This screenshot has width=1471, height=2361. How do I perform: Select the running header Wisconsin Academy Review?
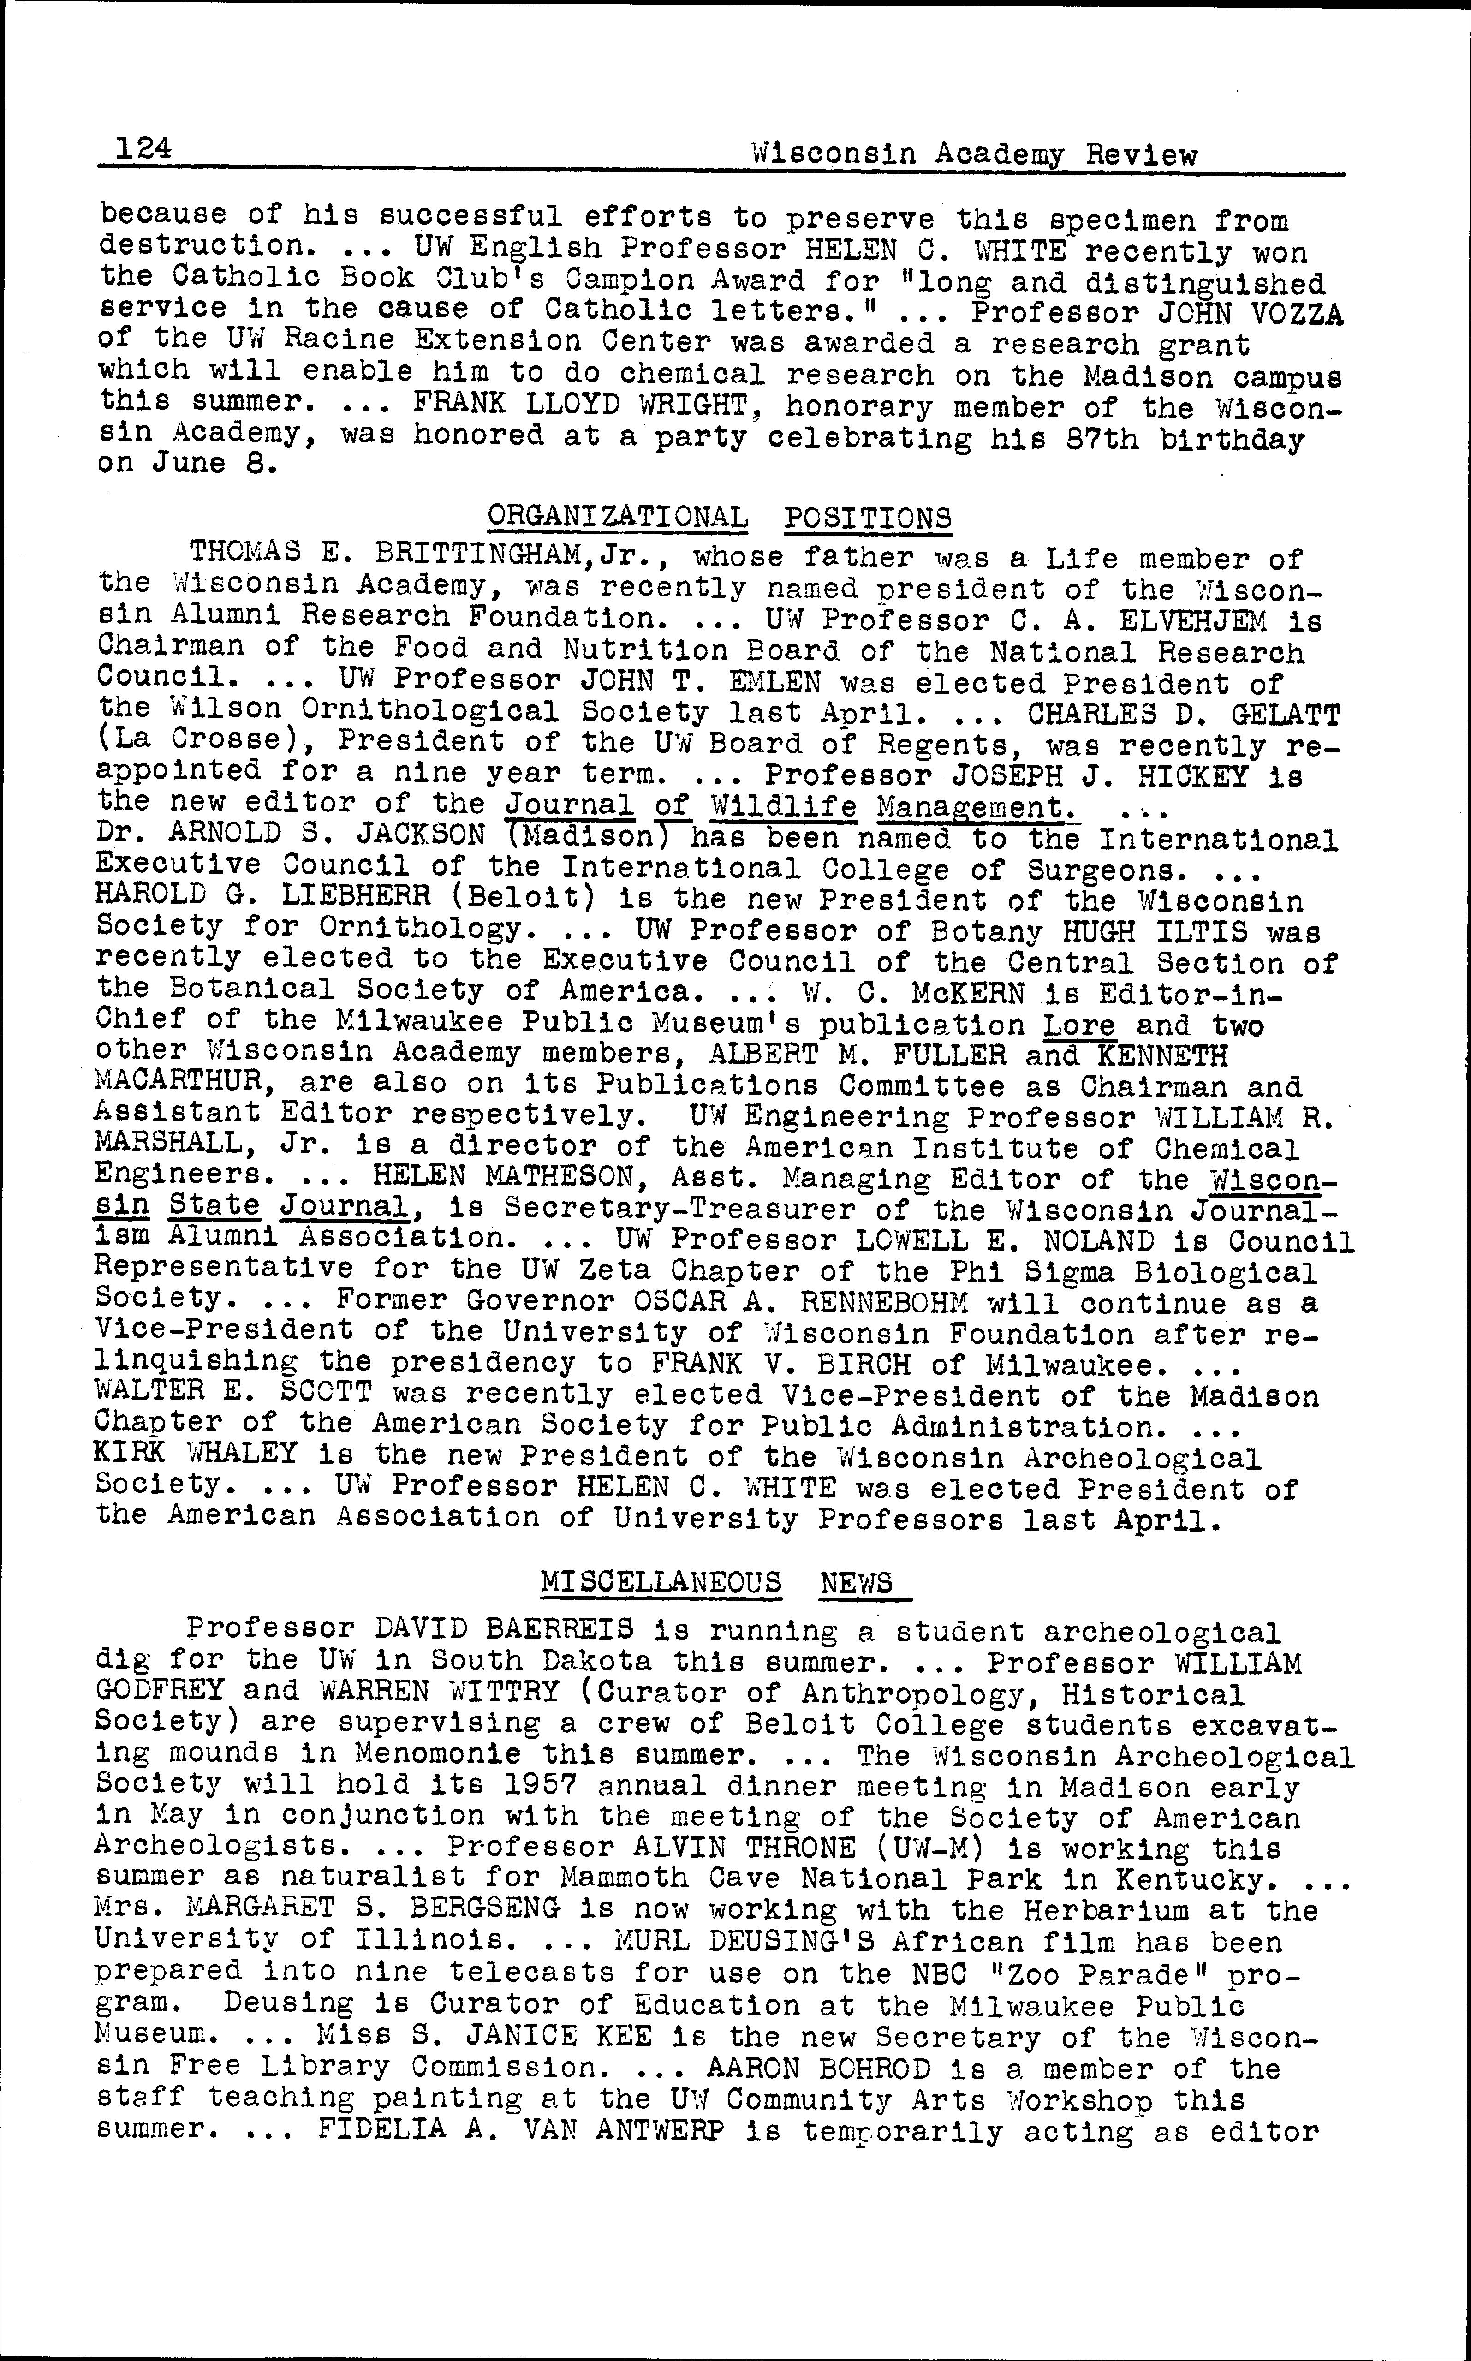[975, 155]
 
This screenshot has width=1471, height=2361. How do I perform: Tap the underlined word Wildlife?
[783, 806]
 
